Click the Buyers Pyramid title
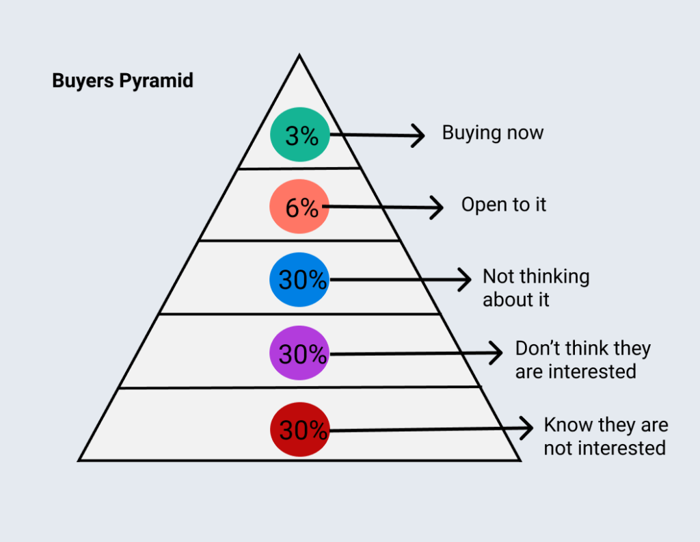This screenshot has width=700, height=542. [122, 81]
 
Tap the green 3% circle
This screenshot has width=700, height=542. [299, 136]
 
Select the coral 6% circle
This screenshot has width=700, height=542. [299, 207]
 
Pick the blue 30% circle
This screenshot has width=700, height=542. [299, 280]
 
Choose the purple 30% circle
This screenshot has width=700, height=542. [299, 354]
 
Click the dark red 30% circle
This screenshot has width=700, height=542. [299, 430]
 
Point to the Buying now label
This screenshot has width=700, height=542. [492, 133]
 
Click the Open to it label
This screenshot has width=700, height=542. [504, 205]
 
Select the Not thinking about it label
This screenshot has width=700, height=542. [535, 288]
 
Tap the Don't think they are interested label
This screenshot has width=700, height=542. [582, 360]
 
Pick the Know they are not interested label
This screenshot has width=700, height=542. [605, 437]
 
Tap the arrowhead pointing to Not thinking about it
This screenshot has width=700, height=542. [466, 279]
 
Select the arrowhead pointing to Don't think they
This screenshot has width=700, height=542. [498, 354]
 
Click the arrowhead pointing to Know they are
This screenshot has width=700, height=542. [528, 429]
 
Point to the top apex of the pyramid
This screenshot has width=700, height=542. [299, 55]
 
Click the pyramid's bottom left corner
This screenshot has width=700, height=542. [79, 461]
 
